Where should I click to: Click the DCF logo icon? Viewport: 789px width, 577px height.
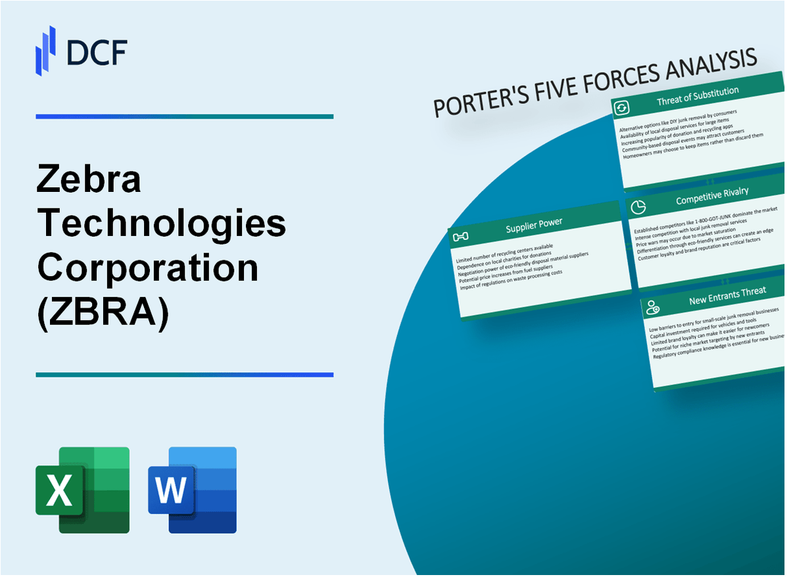point(45,51)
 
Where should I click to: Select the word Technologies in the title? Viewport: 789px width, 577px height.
point(162,224)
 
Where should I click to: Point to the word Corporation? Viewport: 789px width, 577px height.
point(148,268)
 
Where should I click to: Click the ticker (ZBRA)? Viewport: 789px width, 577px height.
point(103,313)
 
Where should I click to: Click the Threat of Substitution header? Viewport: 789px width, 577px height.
point(698,96)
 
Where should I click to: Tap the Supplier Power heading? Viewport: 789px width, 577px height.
point(534,224)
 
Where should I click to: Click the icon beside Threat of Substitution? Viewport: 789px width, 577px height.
point(623,108)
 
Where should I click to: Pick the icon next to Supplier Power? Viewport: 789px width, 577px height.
point(461,236)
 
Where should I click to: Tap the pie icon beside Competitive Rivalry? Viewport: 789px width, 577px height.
point(636,208)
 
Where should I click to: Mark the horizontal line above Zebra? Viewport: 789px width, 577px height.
point(184,116)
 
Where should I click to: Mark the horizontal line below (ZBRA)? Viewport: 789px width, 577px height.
point(184,375)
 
